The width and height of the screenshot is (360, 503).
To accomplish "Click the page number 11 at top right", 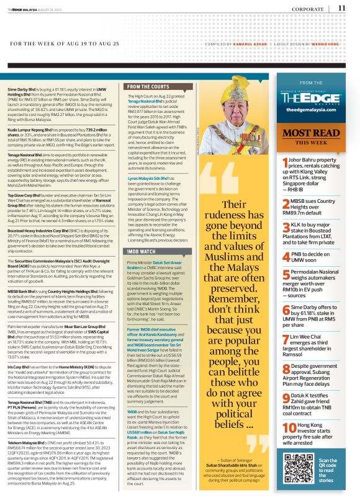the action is pyautogui.click(x=342, y=8).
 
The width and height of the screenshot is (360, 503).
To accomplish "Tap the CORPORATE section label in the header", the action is pyautogui.click(x=307, y=9).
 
